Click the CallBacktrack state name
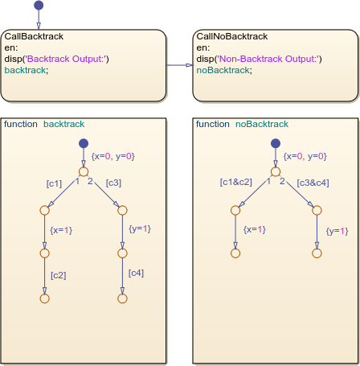34,36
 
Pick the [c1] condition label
55,183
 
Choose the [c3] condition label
113,183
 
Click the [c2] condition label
58,275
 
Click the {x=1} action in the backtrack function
61,229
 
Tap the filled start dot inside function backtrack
83,144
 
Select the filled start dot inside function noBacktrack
275,144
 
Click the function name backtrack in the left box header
63,124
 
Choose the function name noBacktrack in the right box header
261,124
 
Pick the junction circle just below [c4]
123,298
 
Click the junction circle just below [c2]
44,298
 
